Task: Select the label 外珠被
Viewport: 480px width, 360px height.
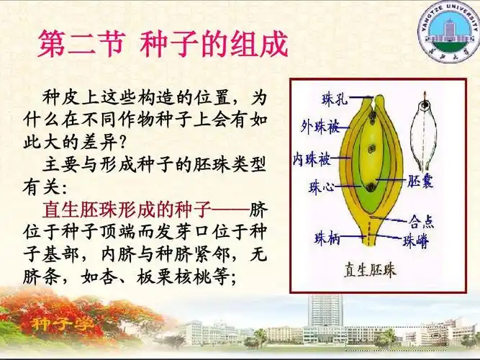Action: pos(320,127)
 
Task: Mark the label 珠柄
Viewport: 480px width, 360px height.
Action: pos(328,237)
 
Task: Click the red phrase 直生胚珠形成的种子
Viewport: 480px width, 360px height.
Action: pos(127,211)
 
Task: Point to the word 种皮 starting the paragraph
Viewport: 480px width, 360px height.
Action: pos(60,96)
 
